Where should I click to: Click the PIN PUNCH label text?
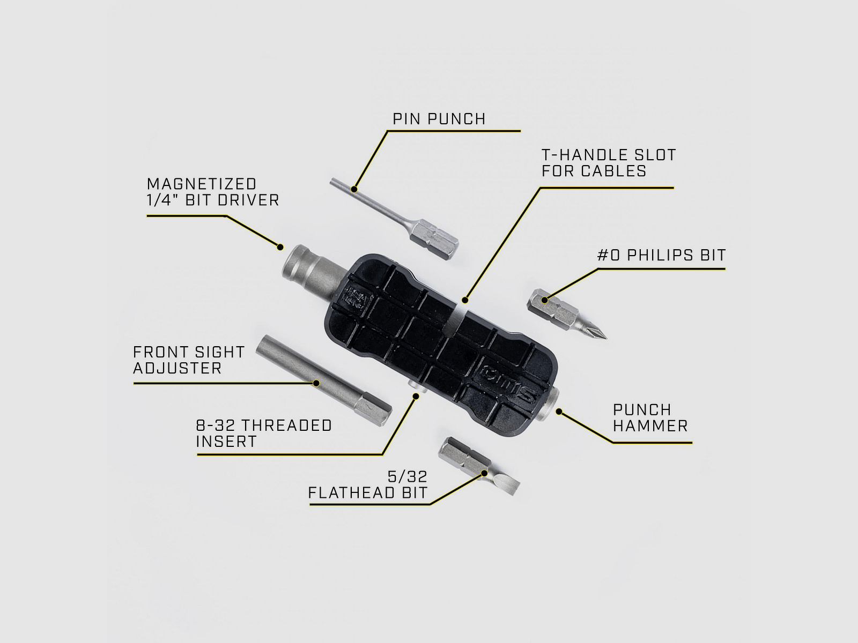439,118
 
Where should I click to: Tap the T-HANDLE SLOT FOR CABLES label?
608,163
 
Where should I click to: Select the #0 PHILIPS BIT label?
661,255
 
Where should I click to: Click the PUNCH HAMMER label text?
650,418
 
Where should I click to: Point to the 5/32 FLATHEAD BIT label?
368,484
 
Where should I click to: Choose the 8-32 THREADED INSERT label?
264,433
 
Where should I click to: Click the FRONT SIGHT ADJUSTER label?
189,360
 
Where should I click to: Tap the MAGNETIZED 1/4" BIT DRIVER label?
213,192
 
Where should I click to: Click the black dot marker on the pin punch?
354,189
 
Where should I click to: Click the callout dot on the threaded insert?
415,395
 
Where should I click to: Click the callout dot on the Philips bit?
546,300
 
